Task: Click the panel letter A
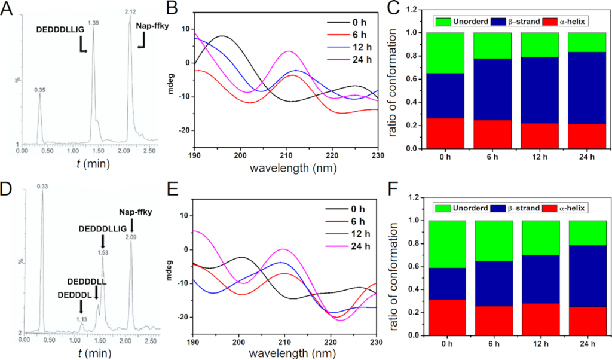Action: click(10, 10)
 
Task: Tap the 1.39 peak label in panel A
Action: click(93, 23)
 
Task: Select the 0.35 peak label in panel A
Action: click(40, 90)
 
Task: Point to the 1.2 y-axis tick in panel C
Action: click(412, 10)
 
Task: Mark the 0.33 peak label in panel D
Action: click(42, 187)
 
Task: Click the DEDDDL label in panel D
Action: click(75, 294)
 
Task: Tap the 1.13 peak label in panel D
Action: click(81, 319)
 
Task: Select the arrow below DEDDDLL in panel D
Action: click(96, 293)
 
